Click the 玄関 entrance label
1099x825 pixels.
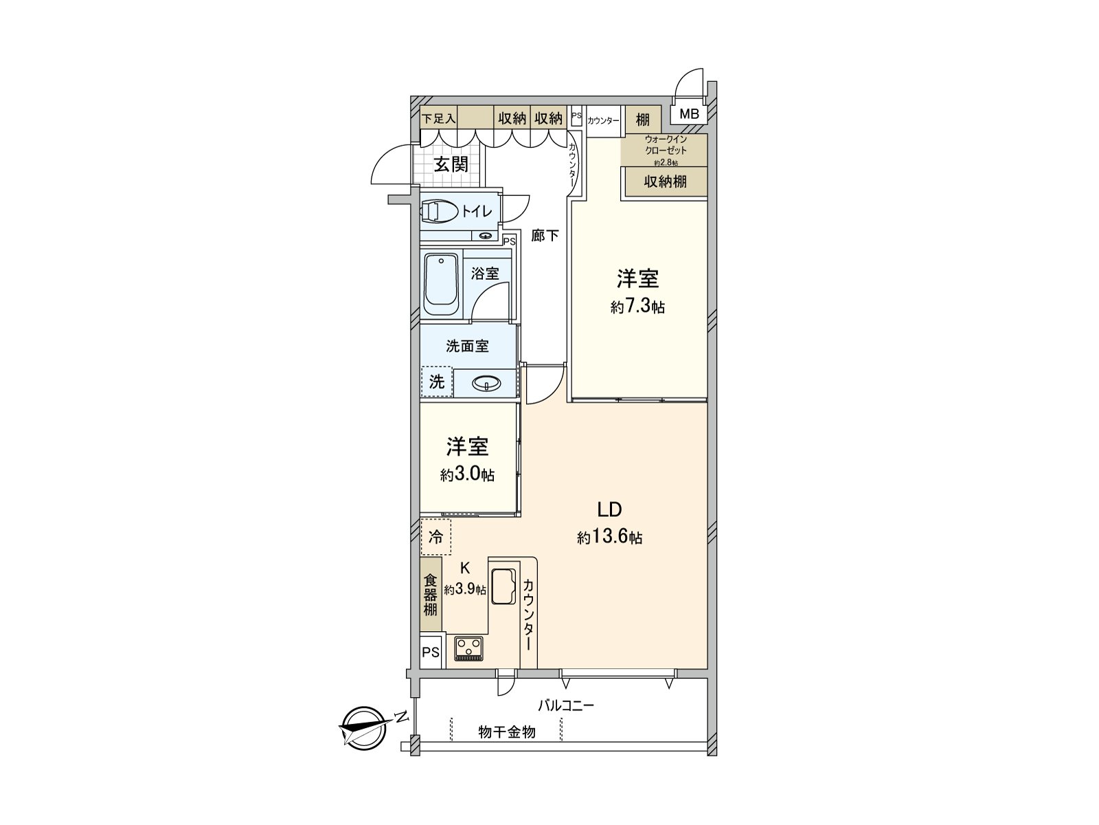[x=451, y=164]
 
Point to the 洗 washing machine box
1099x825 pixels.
[x=437, y=382]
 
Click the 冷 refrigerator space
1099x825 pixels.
[x=436, y=537]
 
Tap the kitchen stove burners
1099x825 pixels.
[x=468, y=648]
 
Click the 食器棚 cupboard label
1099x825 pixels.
[x=431, y=595]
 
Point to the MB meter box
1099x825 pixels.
[x=689, y=114]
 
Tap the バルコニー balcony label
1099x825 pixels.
[x=565, y=705]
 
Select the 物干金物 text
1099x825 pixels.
[x=506, y=733]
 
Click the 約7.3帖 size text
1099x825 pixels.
[x=638, y=307]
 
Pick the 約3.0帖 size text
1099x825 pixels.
[x=467, y=474]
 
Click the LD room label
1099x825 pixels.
[x=609, y=509]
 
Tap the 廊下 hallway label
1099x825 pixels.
[x=545, y=236]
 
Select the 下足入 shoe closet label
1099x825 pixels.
[x=438, y=118]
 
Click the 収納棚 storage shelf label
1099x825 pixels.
[x=665, y=181]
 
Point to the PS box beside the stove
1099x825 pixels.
[x=431, y=652]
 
